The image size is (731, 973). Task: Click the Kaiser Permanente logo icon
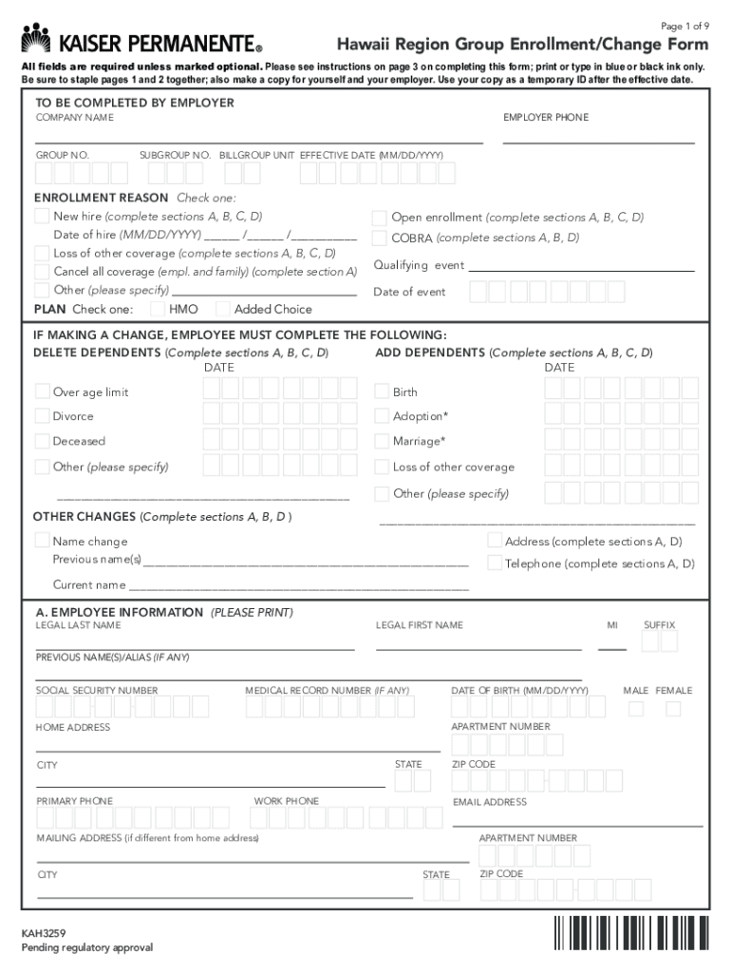coord(36,38)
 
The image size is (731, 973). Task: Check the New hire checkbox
coord(42,217)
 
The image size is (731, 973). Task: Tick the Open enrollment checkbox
coord(380,218)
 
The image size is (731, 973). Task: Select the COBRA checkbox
coord(380,238)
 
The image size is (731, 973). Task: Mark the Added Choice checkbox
coord(223,309)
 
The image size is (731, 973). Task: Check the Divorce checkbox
coord(42,416)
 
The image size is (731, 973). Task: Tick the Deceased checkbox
coord(42,441)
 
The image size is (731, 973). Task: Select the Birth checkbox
coord(382,391)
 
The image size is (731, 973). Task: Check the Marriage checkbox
coord(382,441)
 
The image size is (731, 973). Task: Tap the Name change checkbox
coord(42,541)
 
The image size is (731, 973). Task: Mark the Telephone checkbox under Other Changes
coord(495,563)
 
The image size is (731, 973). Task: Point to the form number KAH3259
coord(44,934)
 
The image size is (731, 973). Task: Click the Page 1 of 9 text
coord(684,26)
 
